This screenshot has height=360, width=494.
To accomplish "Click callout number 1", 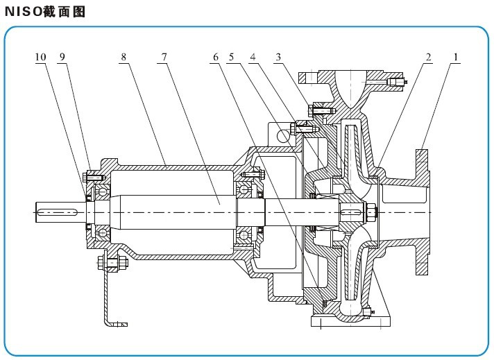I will point(456,58).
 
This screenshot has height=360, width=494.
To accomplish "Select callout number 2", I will point(429,58).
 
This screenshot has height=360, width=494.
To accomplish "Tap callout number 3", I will point(278,58).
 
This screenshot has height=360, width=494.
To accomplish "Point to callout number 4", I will point(253,58).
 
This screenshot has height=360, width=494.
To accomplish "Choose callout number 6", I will point(215,58).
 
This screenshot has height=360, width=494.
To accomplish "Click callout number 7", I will point(164,58).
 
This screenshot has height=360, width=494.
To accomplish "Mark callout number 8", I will point(123,58).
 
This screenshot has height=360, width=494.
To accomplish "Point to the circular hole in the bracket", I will point(283,136).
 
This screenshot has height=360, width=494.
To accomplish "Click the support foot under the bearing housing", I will point(109,298).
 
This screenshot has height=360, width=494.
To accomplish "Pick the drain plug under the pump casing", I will point(367,311).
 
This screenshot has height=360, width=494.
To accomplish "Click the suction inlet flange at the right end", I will point(422,212).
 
